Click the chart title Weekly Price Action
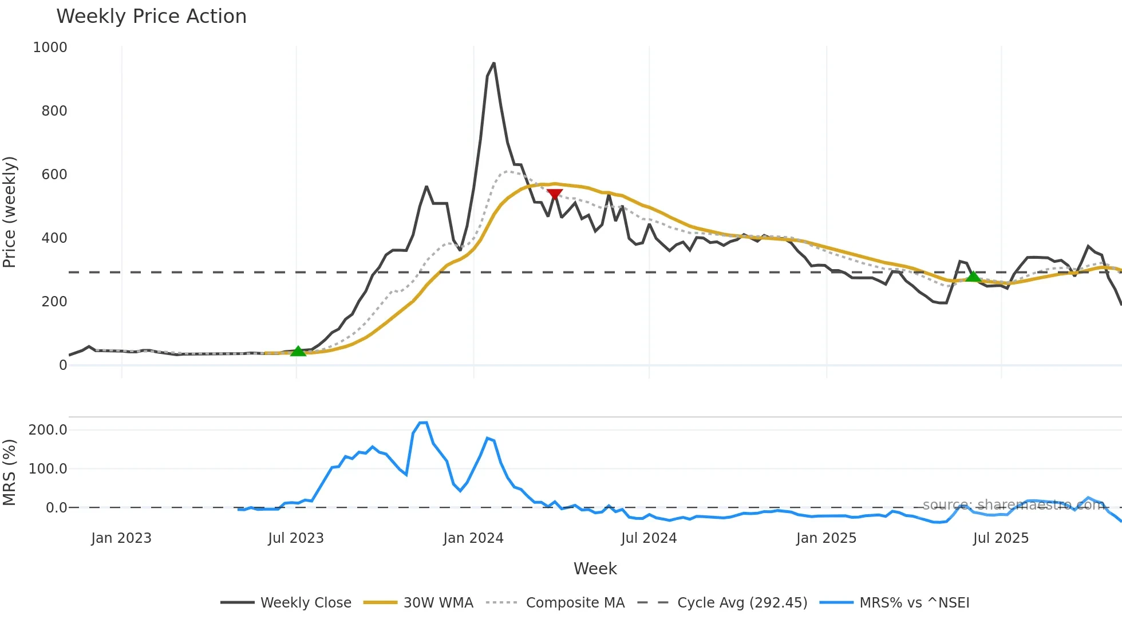(x=151, y=17)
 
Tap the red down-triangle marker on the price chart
(x=554, y=194)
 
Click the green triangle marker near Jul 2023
(x=298, y=351)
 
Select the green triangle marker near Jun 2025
(x=973, y=277)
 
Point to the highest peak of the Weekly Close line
(x=493, y=64)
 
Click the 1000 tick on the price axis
(x=50, y=48)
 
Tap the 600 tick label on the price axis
(x=54, y=175)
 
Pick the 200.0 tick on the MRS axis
(x=48, y=430)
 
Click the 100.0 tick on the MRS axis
(x=48, y=469)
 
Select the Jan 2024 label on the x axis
(x=473, y=538)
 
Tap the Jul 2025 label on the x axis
(x=1001, y=538)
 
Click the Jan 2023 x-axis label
(x=121, y=538)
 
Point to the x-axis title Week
(x=595, y=569)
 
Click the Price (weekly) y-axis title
(x=10, y=212)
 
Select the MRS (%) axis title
(x=10, y=472)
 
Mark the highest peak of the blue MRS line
(x=424, y=423)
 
